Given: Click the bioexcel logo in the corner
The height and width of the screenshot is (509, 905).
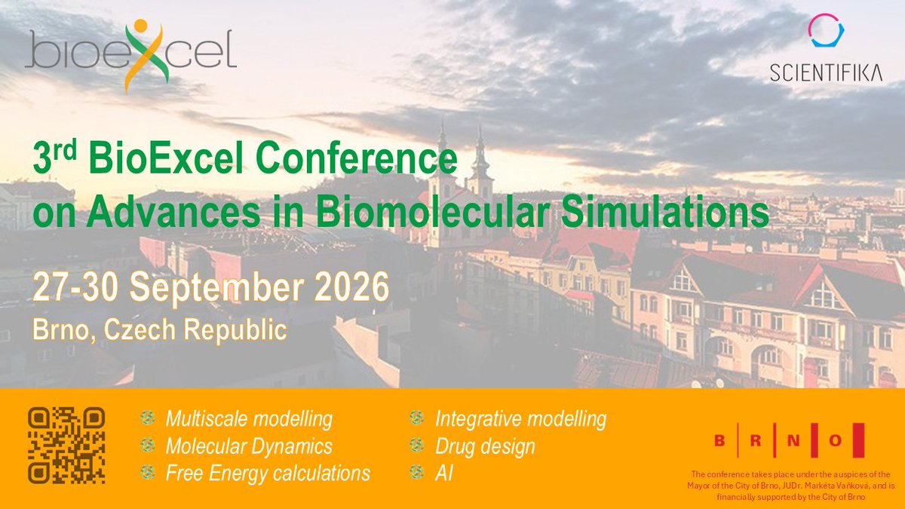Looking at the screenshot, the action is [x=131, y=54].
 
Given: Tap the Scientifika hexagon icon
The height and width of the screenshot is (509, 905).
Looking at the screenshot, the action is [x=826, y=30].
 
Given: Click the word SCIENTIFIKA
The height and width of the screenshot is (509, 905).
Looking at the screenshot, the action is [x=826, y=73].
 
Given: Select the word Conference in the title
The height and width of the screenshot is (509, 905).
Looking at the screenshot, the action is [x=357, y=158].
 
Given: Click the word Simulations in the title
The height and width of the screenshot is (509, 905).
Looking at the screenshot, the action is [x=665, y=212].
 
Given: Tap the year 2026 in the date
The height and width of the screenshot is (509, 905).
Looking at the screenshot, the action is [x=351, y=287].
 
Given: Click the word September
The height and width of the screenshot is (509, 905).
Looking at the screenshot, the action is [x=216, y=288].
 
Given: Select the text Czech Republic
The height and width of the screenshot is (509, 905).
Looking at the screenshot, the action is [x=195, y=330].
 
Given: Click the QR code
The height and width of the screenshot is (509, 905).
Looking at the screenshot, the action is [x=66, y=445].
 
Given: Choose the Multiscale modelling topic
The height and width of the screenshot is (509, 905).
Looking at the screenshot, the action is [x=249, y=419].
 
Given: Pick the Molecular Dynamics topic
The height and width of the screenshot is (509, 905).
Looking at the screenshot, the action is [x=249, y=446].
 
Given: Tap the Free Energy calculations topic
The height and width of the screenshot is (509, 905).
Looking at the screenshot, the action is [x=268, y=474].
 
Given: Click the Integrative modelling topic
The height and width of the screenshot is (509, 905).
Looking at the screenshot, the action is [x=521, y=419].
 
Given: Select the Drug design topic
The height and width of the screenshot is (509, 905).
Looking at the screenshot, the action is [x=485, y=446].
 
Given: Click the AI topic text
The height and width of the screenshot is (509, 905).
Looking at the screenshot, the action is [x=444, y=474].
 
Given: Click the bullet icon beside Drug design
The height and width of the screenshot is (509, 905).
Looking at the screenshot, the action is [x=416, y=445].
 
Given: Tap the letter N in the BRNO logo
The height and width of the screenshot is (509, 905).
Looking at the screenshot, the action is [x=793, y=440].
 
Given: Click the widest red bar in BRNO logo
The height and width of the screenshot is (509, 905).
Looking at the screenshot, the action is [x=858, y=440].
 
